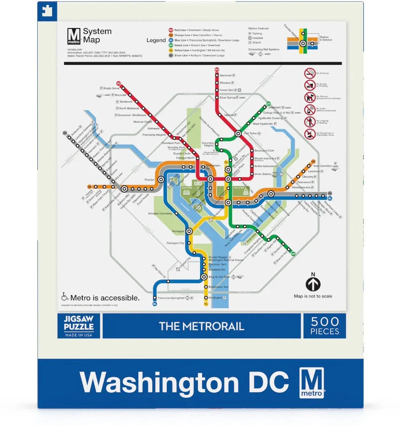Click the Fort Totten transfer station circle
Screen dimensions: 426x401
tap(238, 134)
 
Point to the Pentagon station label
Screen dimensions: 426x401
tap(178, 231)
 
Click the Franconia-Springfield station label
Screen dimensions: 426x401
tap(171, 298)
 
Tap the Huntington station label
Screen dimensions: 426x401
tap(215, 298)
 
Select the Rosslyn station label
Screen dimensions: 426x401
tap(149, 180)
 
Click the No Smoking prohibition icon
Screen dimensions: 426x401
tap(310, 73)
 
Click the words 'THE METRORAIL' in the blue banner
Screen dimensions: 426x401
tap(201, 326)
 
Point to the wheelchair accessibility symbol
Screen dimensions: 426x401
tap(65, 297)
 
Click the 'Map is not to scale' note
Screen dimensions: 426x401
tap(313, 296)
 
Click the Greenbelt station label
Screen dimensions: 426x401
tap(274, 107)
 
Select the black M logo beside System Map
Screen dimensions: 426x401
tap(74, 36)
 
